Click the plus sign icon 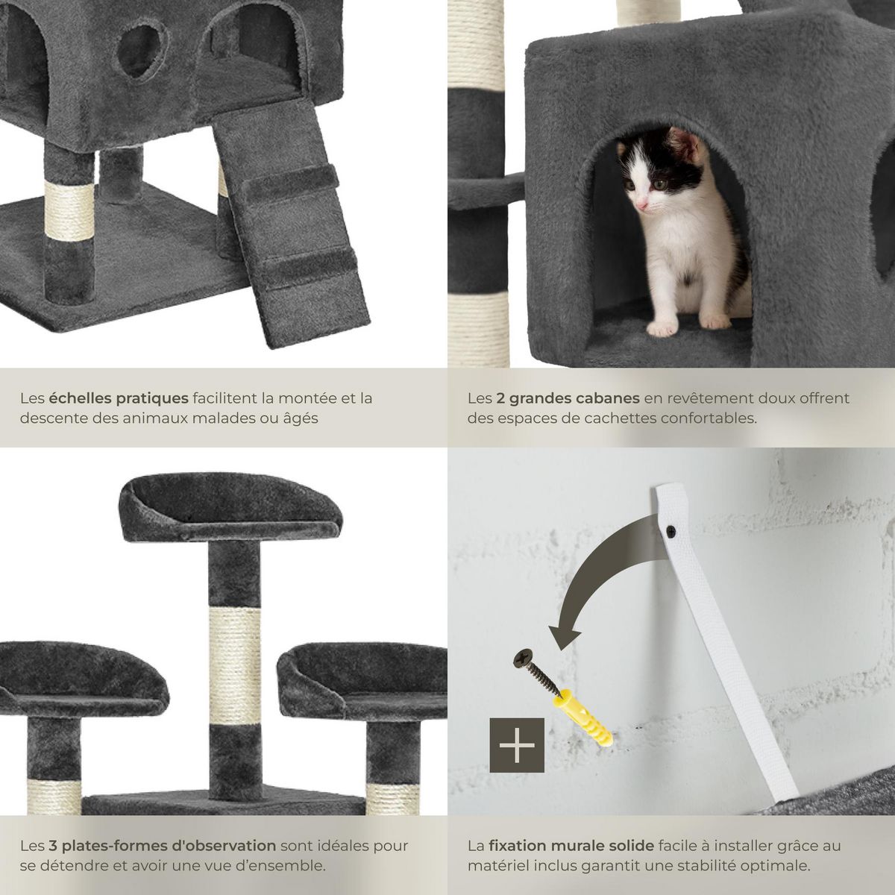[516, 745]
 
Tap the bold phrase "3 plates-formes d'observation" [163, 846]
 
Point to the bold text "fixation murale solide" [572, 846]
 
